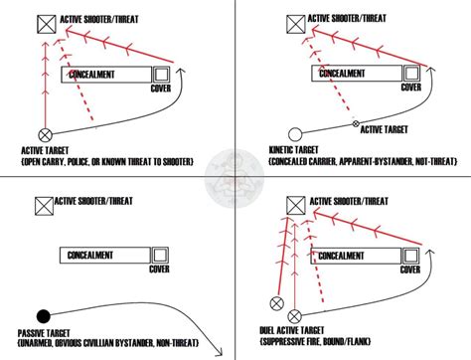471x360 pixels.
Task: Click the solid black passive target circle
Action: click(x=43, y=314)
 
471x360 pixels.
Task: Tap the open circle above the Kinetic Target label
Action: click(x=294, y=134)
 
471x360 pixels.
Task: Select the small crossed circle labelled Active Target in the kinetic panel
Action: click(x=357, y=123)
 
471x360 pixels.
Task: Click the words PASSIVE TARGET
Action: click(x=45, y=332)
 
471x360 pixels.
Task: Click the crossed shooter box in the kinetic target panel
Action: click(x=294, y=21)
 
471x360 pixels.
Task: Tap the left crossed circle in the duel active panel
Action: click(x=277, y=304)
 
